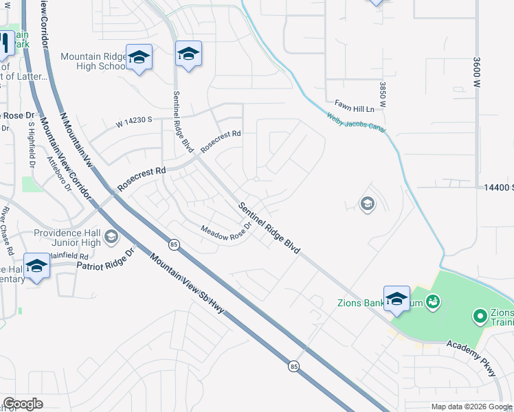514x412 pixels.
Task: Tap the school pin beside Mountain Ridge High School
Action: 139,58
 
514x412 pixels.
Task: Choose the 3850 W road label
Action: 383,95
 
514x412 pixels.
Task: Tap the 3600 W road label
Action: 476,71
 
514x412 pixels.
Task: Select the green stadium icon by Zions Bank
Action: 432,301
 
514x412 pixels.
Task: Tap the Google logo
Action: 23,404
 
